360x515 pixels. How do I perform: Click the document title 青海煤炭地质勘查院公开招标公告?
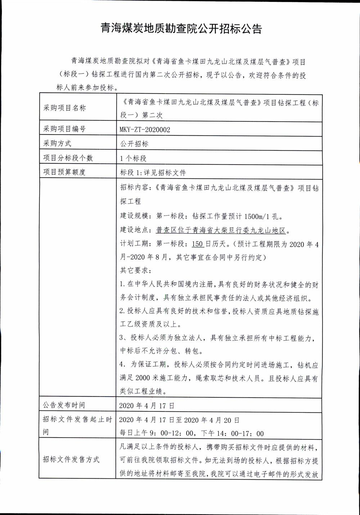pos(181,29)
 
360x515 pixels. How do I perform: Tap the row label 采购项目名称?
pos(65,108)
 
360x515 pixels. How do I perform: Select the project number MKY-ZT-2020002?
pos(145,130)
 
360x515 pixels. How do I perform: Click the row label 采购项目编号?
pos(64,129)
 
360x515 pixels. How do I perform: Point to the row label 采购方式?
pos(57,143)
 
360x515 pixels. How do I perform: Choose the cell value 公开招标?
pos(134,144)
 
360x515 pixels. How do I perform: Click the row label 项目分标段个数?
pos(68,158)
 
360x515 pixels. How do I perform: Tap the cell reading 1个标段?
pos(133,158)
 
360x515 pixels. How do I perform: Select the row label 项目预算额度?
pos(64,172)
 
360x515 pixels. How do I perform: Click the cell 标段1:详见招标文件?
pos(153,173)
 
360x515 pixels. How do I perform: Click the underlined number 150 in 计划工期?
pos(198,244)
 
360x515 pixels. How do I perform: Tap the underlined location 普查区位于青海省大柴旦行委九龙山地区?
pos(222,230)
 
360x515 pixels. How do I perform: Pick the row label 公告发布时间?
pos(64,405)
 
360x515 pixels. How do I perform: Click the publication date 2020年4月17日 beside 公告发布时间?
pos(147,406)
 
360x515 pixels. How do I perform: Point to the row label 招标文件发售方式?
pos(71,460)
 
